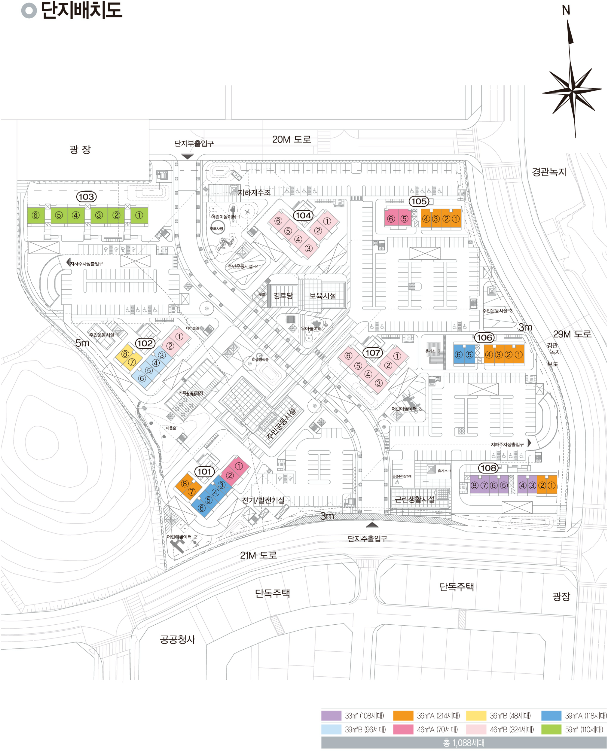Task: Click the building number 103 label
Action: pyautogui.click(x=86, y=197)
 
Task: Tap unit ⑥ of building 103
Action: pyautogui.click(x=35, y=215)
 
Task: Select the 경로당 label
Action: pyautogui.click(x=283, y=296)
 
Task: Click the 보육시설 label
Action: pyautogui.click(x=322, y=296)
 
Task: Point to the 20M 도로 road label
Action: pyautogui.click(x=291, y=139)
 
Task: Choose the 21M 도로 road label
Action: pyautogui.click(x=258, y=555)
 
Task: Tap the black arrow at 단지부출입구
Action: pyautogui.click(x=187, y=156)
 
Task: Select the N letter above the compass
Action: pyautogui.click(x=566, y=10)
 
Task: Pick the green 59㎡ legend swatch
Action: pyautogui.click(x=551, y=730)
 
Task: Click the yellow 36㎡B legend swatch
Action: pyautogui.click(x=476, y=716)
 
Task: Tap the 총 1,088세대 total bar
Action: pyautogui.click(x=464, y=743)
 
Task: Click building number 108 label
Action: pyautogui.click(x=488, y=468)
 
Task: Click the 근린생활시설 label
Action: pyautogui.click(x=415, y=499)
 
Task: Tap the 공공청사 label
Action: pyautogui.click(x=177, y=640)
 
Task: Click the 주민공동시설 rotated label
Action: pyautogui.click(x=281, y=423)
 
